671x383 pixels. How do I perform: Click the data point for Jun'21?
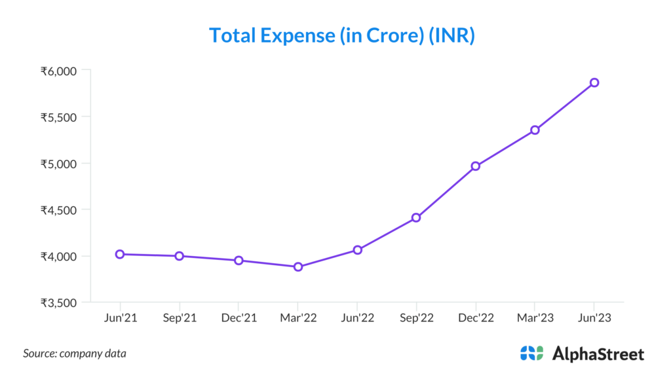pyautogui.click(x=120, y=254)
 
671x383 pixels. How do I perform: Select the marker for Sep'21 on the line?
pyautogui.click(x=179, y=256)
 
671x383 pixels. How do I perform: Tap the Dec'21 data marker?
pyautogui.click(x=239, y=261)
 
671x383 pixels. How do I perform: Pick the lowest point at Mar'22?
pyautogui.click(x=298, y=267)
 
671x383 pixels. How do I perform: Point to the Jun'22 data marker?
pyautogui.click(x=357, y=250)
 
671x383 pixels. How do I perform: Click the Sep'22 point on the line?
pyautogui.click(x=416, y=217)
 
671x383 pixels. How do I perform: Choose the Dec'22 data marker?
pyautogui.click(x=476, y=166)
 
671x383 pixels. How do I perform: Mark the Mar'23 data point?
pyautogui.click(x=535, y=130)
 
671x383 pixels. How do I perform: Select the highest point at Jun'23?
pyautogui.click(x=594, y=82)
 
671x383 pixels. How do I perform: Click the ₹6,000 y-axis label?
pyautogui.click(x=59, y=71)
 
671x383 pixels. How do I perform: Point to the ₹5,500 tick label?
pyautogui.click(x=59, y=117)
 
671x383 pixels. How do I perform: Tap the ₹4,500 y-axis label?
pyautogui.click(x=59, y=210)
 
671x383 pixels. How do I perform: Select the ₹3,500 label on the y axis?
pyautogui.click(x=59, y=303)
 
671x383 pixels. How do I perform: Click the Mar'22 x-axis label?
pyautogui.click(x=298, y=318)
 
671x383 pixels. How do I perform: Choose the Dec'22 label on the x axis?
pyautogui.click(x=476, y=318)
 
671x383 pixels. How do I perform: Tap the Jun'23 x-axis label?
pyautogui.click(x=594, y=318)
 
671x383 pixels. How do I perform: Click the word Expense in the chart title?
pyautogui.click(x=298, y=35)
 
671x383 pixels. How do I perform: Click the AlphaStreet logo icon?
pyautogui.click(x=531, y=354)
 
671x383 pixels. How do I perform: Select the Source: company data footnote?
pyautogui.click(x=75, y=354)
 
